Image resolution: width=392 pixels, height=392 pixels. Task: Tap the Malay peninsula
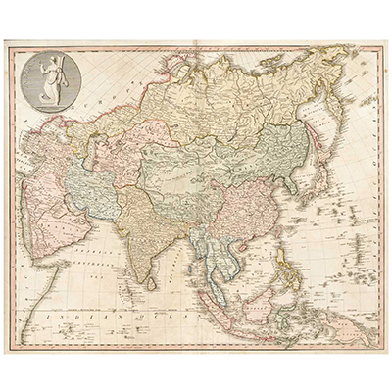214,279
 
